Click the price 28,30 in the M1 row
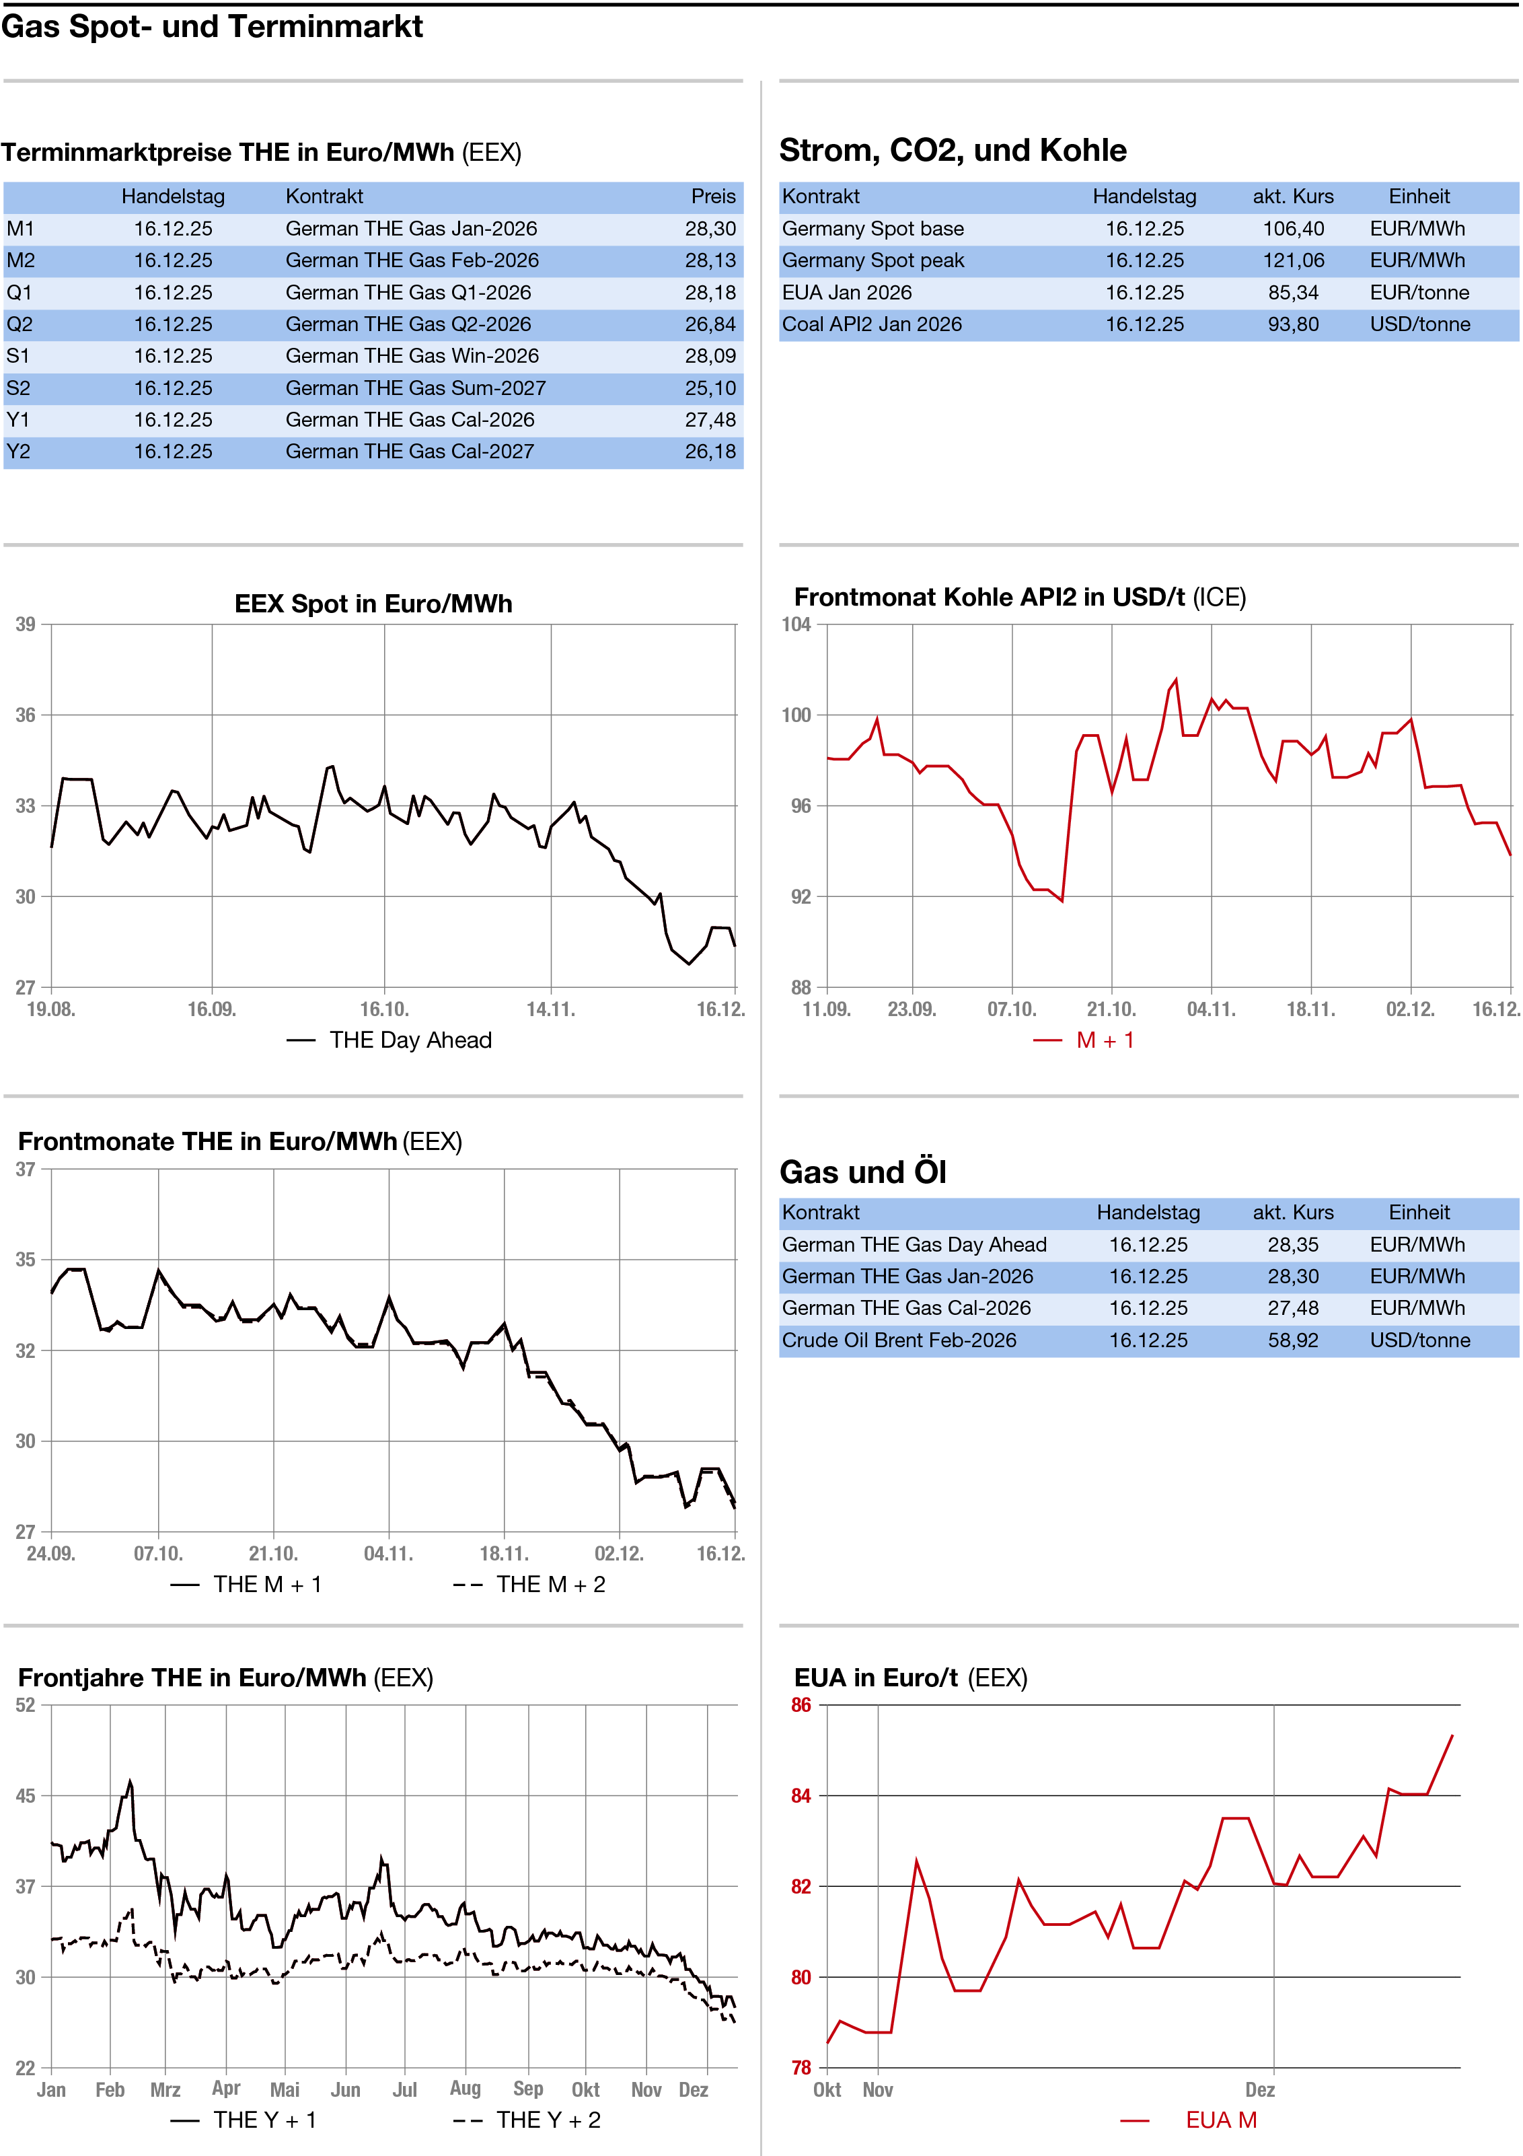pos(710,229)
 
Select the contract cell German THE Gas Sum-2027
pos(415,388)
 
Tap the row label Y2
pos(19,452)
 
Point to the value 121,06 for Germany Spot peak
pos(1293,261)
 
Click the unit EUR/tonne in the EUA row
pos(1419,293)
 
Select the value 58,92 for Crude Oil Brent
pos(1293,1340)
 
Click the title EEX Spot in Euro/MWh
pos(373,604)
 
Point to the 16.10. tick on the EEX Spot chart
pos(384,1009)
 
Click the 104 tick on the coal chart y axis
pos(796,624)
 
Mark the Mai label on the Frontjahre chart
pos(285,2090)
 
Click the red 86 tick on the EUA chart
pos(801,1705)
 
